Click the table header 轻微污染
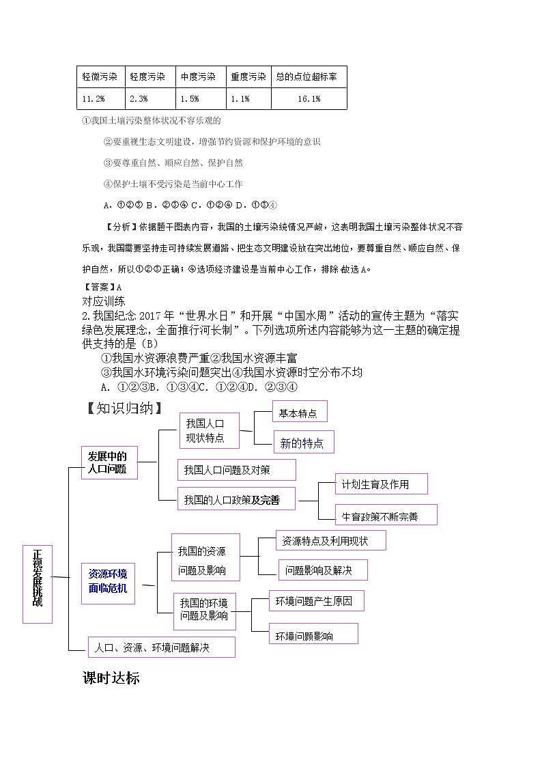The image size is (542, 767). pyautogui.click(x=100, y=77)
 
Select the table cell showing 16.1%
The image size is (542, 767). pyautogui.click(x=309, y=99)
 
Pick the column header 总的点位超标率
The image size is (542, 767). pyautogui.click(x=309, y=77)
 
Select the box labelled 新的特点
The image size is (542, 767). pyautogui.click(x=303, y=443)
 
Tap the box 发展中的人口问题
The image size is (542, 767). pyautogui.click(x=109, y=463)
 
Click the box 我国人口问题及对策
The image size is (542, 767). pyautogui.click(x=236, y=470)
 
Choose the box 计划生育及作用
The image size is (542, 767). pyautogui.click(x=381, y=484)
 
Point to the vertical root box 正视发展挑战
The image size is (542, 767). pyautogui.click(x=37, y=584)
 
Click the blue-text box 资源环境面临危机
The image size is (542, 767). pyautogui.click(x=108, y=581)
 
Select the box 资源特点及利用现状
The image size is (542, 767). pyautogui.click(x=330, y=541)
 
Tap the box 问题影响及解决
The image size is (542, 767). pyautogui.click(x=323, y=570)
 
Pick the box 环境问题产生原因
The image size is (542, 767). pyautogui.click(x=316, y=602)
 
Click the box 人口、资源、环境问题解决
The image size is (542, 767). pyautogui.click(x=161, y=647)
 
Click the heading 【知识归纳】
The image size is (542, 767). pyautogui.click(x=124, y=408)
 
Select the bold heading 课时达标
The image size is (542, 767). pyautogui.click(x=111, y=678)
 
